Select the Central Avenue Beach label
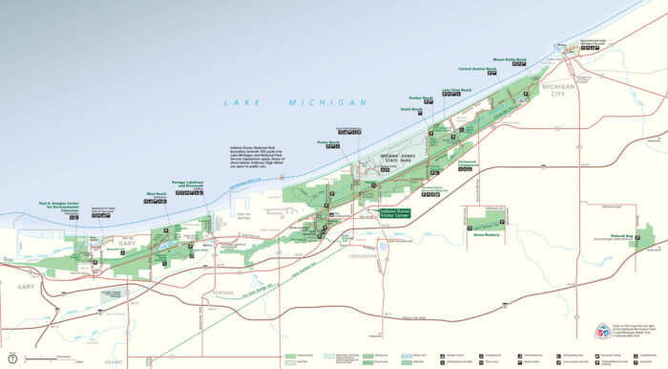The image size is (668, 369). point(477,69)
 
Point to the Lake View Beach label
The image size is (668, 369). point(456,91)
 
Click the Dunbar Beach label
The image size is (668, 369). point(422,98)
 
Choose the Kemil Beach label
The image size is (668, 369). point(410,110)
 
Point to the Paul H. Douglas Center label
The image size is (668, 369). point(64,206)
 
